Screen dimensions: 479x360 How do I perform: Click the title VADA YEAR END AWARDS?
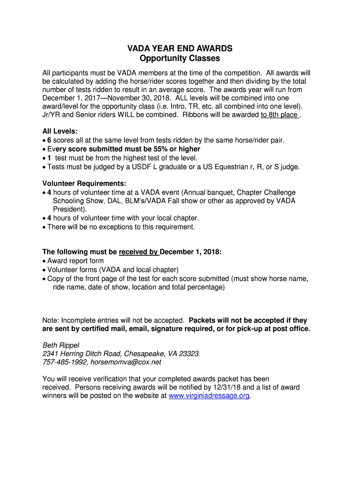click(180, 49)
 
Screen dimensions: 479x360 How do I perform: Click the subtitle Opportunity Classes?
click(180, 58)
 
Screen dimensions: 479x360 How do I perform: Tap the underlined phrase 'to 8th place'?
click(279, 115)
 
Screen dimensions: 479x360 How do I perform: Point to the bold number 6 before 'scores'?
click(49, 140)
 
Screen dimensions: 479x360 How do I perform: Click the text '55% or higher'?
click(178, 149)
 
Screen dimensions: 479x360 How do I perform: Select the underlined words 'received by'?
click(139, 252)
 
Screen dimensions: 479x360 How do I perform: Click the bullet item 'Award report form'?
click(76, 261)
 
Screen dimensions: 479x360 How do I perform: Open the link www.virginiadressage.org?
click(209, 396)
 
